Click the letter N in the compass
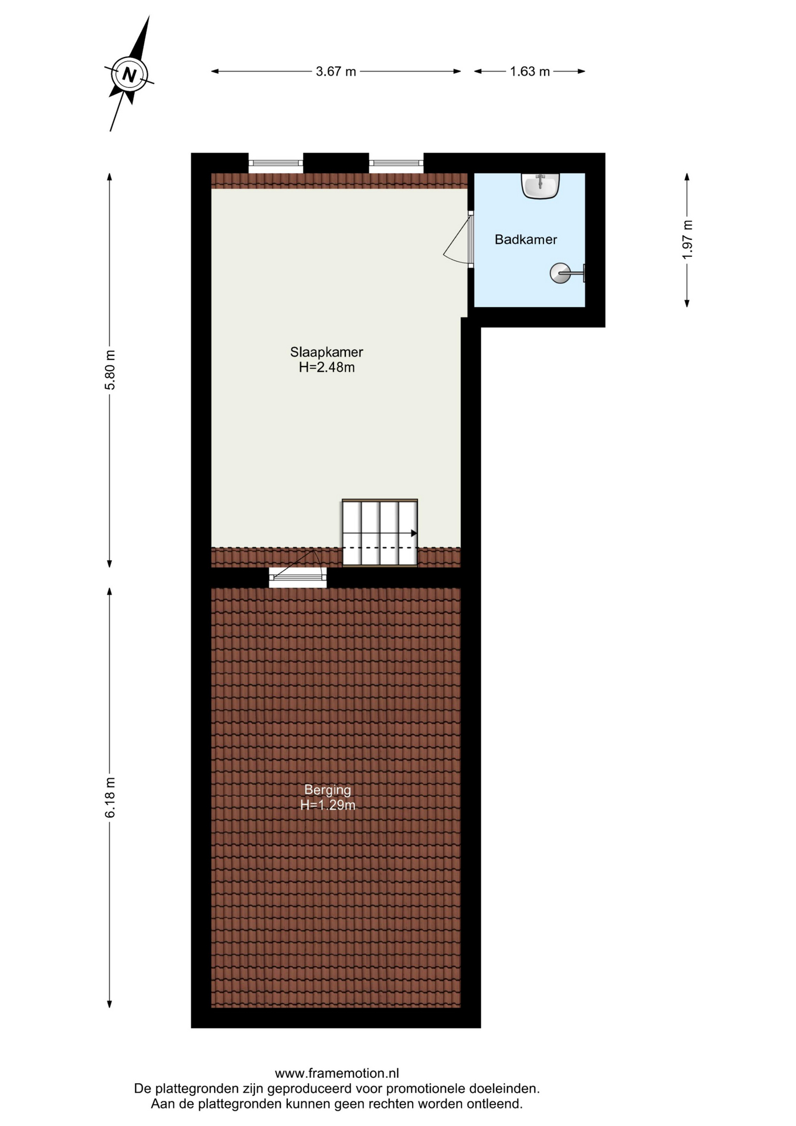point(129,75)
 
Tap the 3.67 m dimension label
point(336,72)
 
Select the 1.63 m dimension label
point(530,72)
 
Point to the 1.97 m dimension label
point(688,240)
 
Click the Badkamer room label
point(526,239)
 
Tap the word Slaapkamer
point(326,352)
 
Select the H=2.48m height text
point(326,368)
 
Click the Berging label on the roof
point(328,790)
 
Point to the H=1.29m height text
point(328,805)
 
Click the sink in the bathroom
point(540,186)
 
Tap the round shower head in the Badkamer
point(560,273)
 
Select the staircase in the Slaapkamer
point(380,533)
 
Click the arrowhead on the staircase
point(414,533)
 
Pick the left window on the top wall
point(275,163)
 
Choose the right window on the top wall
point(396,163)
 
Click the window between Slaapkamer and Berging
point(298,577)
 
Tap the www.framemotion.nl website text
point(337,1073)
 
